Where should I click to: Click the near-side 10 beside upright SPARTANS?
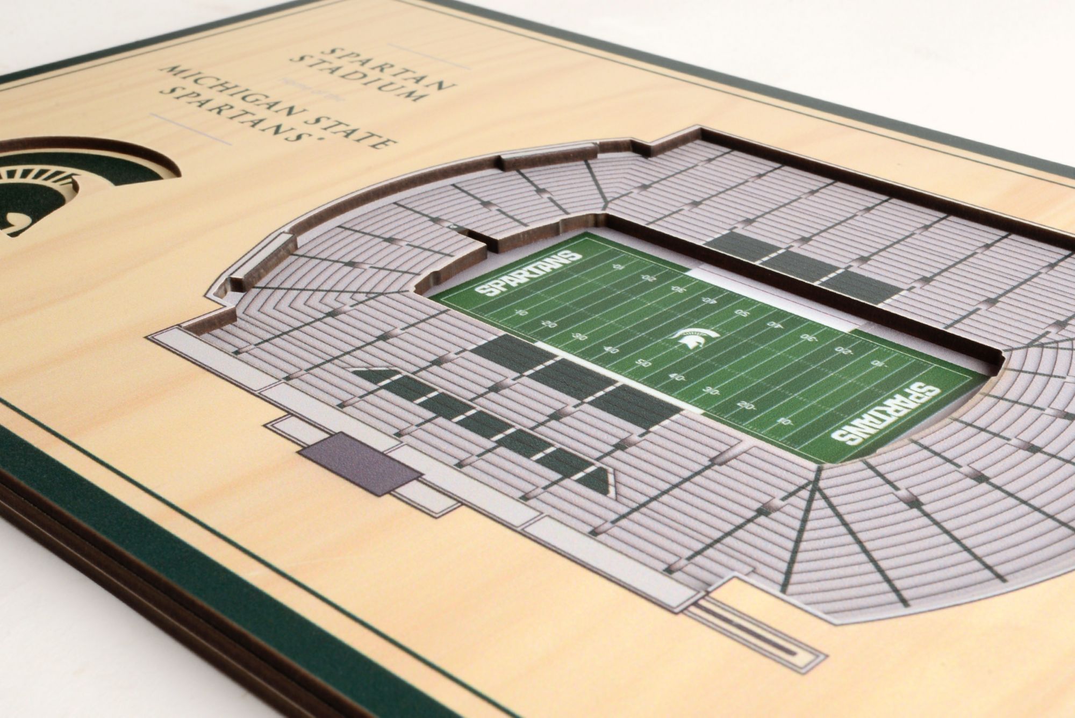[520, 312]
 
